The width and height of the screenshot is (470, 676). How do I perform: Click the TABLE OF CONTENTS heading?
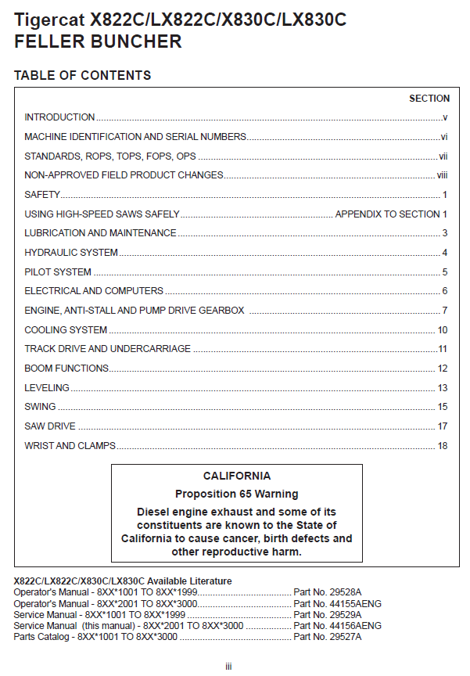82,76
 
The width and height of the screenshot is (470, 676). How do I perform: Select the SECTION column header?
429,99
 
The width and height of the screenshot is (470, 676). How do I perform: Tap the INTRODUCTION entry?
59,117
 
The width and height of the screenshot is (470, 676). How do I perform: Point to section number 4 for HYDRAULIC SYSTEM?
444,253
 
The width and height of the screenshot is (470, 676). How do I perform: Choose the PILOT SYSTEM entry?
58,272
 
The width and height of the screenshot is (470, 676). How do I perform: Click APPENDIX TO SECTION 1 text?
391,214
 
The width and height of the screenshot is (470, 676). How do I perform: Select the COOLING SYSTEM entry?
66,330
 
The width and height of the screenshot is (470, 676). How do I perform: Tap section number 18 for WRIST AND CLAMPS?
443,446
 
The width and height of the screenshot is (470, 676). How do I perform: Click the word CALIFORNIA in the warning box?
237,476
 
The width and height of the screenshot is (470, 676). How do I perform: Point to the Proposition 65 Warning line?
236,494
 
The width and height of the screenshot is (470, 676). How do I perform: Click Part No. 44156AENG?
337,626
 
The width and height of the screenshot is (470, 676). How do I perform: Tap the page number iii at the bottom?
228,666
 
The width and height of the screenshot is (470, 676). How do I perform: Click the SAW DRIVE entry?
50,426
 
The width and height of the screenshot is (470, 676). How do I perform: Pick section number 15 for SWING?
443,407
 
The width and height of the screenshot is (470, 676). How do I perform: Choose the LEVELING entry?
47,388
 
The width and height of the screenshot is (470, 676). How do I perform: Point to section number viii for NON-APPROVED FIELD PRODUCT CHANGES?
442,175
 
